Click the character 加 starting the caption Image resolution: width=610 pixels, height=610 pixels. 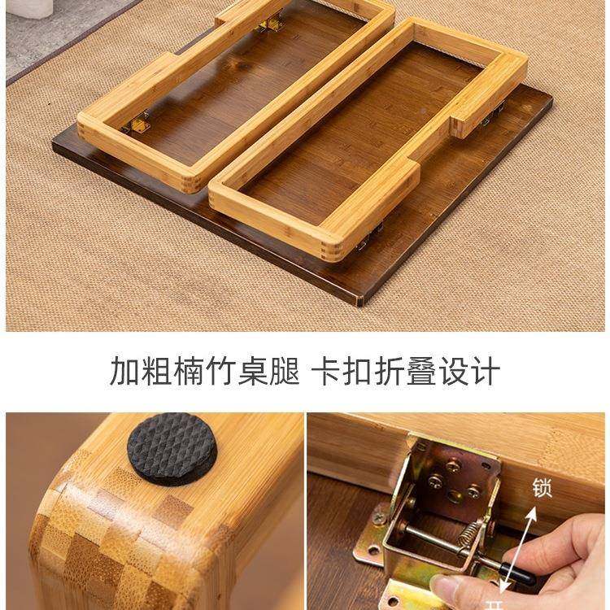[125, 371]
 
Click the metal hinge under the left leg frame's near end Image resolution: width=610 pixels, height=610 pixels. [138, 124]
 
